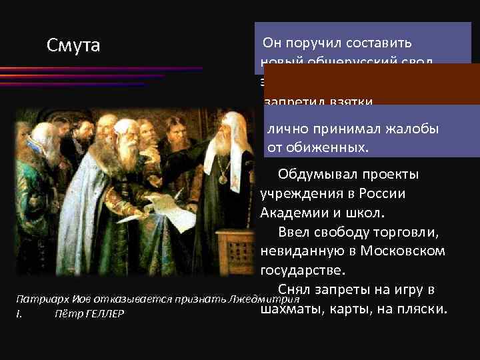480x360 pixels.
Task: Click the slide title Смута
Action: click(73, 45)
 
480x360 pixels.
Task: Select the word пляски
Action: click(421, 309)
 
